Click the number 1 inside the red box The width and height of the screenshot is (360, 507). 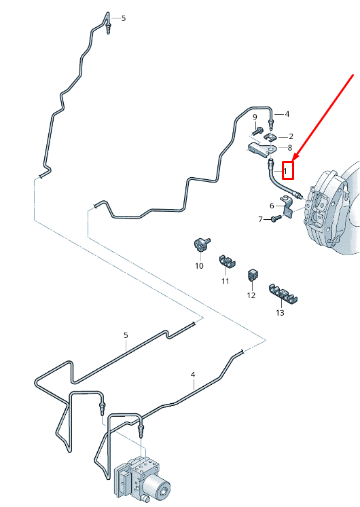tap(285, 170)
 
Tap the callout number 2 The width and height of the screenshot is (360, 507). tap(291, 137)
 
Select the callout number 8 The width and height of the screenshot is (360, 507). tap(290, 148)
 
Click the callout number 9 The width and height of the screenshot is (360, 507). tap(255, 117)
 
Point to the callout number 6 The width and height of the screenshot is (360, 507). tap(272, 206)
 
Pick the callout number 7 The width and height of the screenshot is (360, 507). tap(260, 219)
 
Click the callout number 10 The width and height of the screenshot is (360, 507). tap(199, 266)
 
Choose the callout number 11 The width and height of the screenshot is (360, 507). tap(226, 281)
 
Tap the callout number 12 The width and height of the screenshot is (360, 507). tap(251, 295)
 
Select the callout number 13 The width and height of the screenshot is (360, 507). tap(280, 313)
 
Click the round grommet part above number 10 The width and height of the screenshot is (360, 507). tap(201, 244)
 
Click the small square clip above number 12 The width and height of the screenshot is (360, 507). tap(253, 275)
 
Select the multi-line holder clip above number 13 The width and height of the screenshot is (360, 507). tap(283, 294)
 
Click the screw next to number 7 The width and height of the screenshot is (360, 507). tap(276, 219)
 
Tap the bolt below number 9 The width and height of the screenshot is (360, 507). tap(258, 131)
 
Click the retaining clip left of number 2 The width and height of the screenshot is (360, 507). tap(270, 137)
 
